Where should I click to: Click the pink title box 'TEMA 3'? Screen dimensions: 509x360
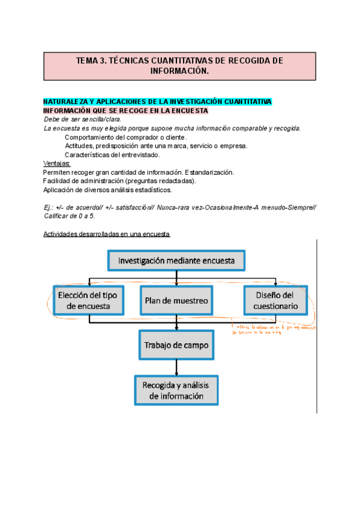[180, 65]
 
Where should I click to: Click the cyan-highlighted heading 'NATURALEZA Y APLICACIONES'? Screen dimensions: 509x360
[158, 101]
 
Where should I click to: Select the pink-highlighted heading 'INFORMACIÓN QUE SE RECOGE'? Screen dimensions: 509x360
[125, 110]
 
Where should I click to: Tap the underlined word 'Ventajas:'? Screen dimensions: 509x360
[57, 163]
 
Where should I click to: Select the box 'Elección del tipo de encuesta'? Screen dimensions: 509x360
[88, 300]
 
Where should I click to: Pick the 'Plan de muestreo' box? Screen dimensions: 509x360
[176, 300]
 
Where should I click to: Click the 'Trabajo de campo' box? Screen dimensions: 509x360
[175, 346]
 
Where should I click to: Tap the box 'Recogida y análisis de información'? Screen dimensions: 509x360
[176, 391]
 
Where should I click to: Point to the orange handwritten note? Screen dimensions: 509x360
[273, 329]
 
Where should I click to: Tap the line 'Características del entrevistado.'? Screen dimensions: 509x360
[112, 155]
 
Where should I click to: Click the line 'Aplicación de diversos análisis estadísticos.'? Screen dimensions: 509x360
[107, 190]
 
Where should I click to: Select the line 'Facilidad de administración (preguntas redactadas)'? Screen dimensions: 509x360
[120, 181]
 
